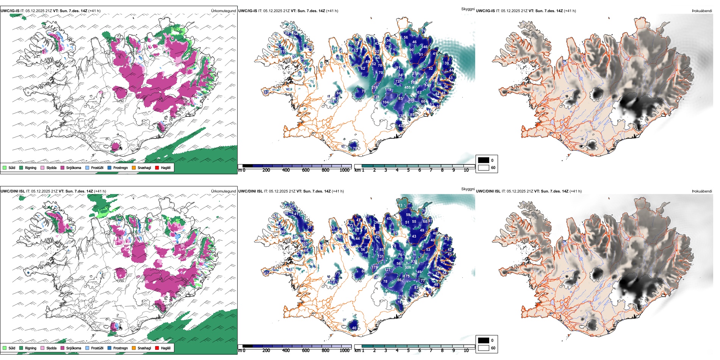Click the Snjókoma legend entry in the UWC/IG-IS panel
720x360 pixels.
74,167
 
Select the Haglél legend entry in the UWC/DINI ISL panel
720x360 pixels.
166,348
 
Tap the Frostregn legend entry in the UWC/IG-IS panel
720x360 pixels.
120,167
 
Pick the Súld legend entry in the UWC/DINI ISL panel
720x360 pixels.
12,348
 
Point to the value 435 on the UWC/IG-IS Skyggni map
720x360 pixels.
407,88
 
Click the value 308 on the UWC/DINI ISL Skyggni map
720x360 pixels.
408,268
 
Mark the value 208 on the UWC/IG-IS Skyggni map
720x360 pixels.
411,100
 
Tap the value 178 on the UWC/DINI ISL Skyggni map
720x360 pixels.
375,268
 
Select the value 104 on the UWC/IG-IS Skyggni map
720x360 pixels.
385,102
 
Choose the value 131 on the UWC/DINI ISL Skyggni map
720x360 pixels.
380,257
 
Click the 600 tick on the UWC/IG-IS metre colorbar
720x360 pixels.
305,170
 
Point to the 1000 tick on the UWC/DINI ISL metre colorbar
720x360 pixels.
344,351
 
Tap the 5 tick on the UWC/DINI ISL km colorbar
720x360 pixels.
408,351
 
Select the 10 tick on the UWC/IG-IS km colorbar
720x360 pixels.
466,170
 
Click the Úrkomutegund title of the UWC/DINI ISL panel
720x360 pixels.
223,191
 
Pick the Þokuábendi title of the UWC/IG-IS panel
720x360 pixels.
702,11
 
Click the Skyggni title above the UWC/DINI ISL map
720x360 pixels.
468,189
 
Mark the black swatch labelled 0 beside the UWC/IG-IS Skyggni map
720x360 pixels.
484,160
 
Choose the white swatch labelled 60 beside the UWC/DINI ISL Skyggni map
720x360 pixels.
484,348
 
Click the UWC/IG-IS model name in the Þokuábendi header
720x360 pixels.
485,11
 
